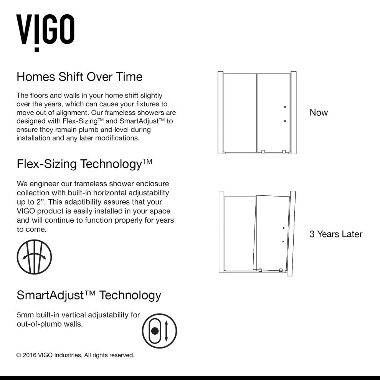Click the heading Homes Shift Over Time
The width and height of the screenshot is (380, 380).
tap(79, 77)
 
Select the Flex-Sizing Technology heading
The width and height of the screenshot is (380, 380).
tap(84, 164)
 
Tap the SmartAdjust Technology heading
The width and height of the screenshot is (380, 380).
tap(89, 295)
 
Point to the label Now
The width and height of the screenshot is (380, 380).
tap(319, 112)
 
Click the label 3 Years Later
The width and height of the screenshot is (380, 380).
tap(336, 234)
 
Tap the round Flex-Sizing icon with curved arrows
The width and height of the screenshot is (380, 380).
tap(34, 257)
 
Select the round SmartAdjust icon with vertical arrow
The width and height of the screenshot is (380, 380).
tap(159, 330)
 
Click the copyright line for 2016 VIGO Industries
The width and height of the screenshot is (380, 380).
tap(75, 355)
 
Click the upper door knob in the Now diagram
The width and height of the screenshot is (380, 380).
tap(285, 107)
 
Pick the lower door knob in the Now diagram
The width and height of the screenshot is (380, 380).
tap(285, 121)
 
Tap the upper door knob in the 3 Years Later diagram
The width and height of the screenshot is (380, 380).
tap(284, 228)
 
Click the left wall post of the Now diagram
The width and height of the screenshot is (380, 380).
tap(220, 112)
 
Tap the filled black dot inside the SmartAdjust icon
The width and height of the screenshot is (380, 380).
tap(155, 330)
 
